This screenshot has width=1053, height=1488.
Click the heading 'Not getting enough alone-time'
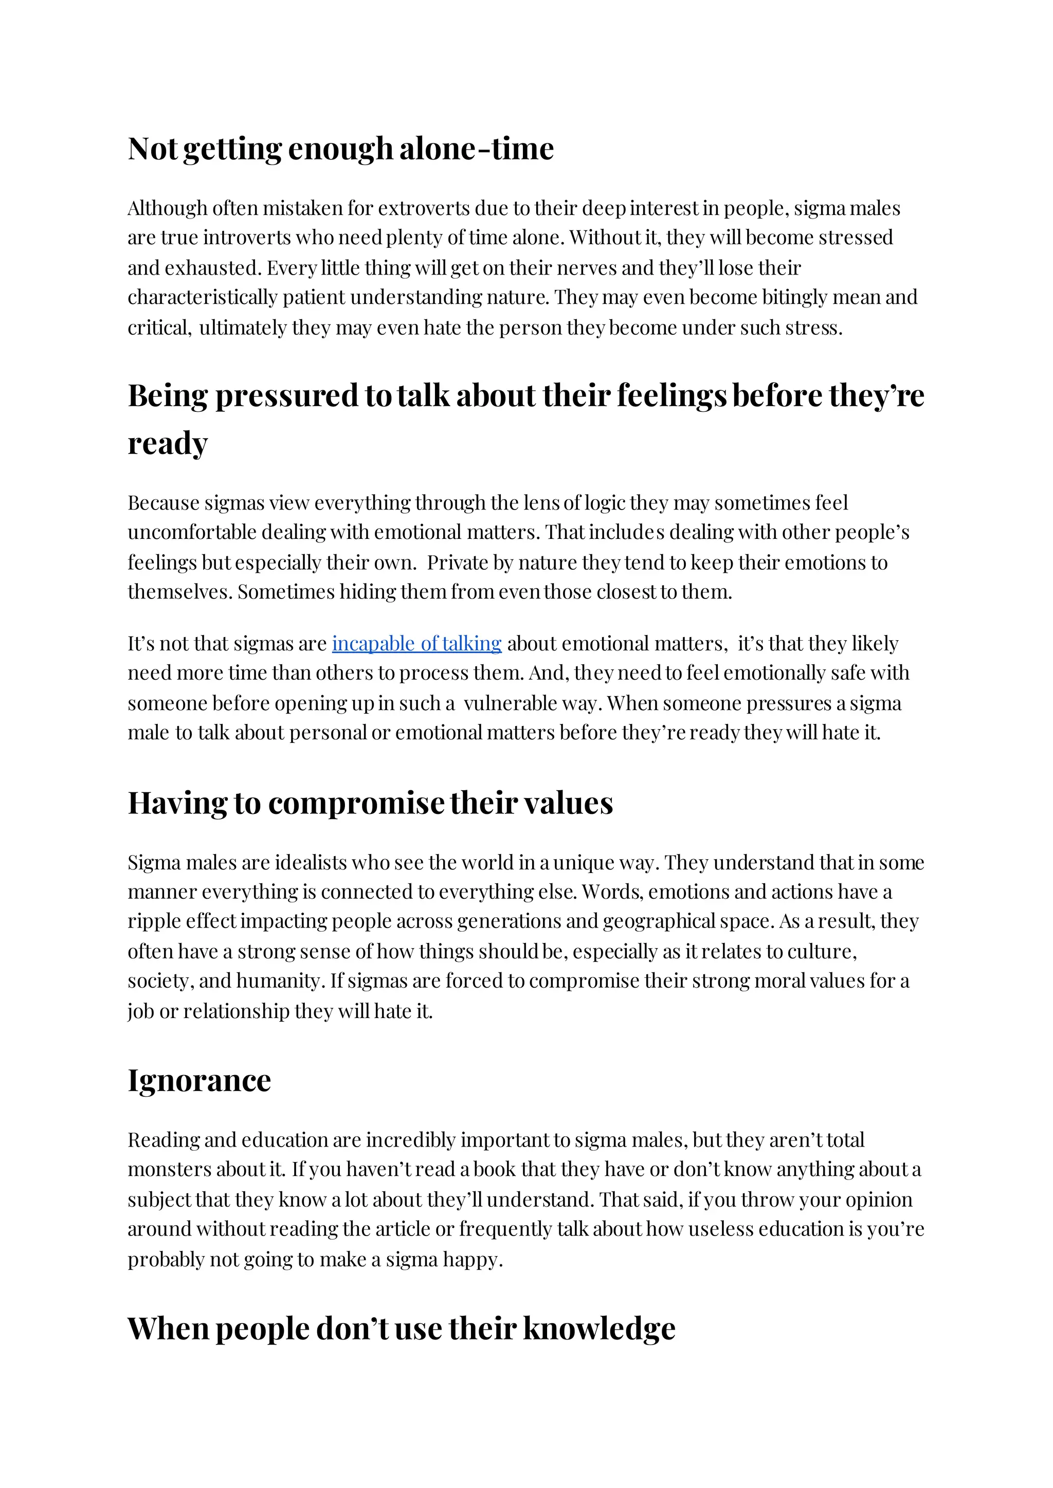[x=340, y=149]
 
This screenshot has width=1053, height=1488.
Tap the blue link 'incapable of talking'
[x=416, y=643]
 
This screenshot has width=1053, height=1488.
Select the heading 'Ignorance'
[x=199, y=1080]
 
